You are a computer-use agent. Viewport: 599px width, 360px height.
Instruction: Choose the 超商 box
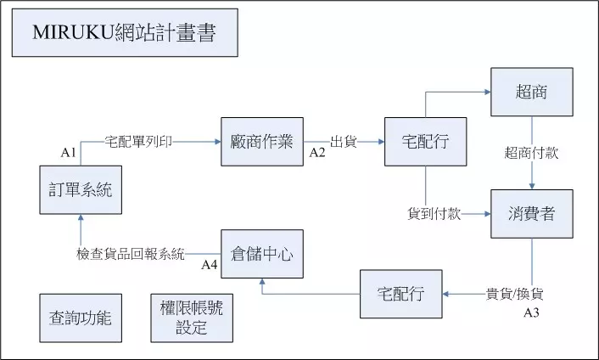[531, 92]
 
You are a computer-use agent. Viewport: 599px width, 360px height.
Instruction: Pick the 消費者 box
[531, 214]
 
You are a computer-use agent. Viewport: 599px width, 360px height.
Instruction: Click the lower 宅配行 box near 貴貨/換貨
[400, 295]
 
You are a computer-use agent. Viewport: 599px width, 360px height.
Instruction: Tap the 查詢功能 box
[81, 318]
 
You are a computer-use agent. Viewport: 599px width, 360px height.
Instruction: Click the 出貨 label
[343, 142]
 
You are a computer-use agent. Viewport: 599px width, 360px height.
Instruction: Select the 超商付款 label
[531, 153]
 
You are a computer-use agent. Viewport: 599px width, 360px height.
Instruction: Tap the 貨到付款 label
[434, 214]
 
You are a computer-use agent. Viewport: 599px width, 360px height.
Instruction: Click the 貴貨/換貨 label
[514, 295]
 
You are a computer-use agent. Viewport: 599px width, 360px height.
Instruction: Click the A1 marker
[69, 153]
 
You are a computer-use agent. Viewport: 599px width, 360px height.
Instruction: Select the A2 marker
[317, 153]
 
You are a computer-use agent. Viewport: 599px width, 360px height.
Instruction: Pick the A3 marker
[532, 312]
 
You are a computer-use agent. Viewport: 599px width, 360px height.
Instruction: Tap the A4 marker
[210, 265]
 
